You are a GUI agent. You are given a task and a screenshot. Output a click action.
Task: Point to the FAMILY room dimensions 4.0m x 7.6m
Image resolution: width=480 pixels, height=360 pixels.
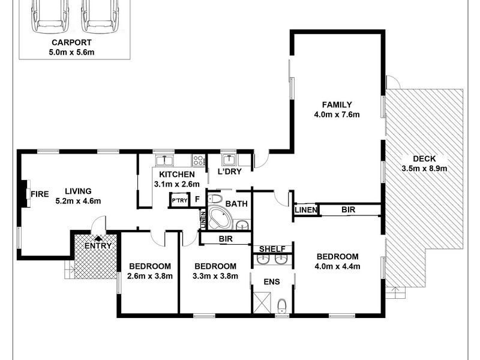coord(337,115)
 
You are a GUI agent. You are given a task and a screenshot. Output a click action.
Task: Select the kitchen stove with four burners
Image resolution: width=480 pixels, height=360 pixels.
coord(198,160)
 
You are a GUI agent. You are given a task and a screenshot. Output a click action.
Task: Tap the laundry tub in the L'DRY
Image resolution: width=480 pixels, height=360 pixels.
coord(228,160)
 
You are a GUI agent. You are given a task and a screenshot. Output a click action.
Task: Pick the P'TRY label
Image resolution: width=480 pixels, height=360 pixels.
coord(178,201)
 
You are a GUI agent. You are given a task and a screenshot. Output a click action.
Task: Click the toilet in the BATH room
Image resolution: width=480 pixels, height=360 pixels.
coord(217,198)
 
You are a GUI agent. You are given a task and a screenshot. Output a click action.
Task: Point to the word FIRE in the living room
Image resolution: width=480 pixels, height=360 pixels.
coord(40,194)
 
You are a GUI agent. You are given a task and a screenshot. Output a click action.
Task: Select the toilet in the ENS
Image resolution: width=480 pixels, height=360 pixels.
coord(283,307)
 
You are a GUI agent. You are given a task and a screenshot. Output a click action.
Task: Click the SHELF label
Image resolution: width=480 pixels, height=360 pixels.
coord(272,249)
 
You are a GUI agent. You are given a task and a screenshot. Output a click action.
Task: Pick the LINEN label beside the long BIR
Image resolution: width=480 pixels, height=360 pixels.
coord(305,210)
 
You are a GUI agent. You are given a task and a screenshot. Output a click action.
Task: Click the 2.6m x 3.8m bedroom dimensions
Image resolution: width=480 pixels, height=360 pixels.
coord(150,276)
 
